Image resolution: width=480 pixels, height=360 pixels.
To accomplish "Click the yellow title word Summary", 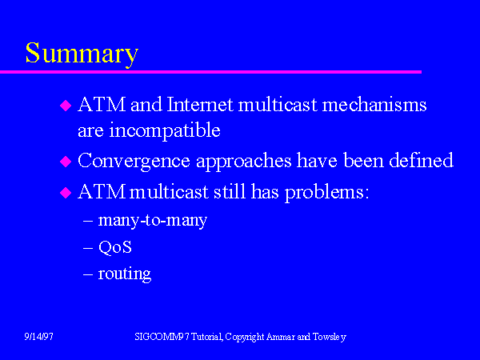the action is [x=82, y=54].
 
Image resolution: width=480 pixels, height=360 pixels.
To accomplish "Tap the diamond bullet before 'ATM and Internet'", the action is [x=66, y=106].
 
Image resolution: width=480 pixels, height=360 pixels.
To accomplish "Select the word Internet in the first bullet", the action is [x=200, y=104].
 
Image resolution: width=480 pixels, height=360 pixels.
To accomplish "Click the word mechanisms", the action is [x=374, y=104].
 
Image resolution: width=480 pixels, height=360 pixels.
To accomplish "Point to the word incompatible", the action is [x=165, y=130].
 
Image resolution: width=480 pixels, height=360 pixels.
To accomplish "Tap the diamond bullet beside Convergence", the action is [x=66, y=162].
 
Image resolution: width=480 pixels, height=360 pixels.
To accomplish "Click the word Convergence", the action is [x=134, y=161].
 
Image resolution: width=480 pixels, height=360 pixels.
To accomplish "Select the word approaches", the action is [x=244, y=161].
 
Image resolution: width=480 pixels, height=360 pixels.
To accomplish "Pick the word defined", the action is [x=422, y=160].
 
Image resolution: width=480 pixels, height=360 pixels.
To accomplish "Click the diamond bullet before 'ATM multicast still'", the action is [x=66, y=193].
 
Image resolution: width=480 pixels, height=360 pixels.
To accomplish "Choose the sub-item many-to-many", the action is [x=153, y=220].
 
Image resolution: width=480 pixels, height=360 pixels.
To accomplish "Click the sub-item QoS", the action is [x=114, y=247].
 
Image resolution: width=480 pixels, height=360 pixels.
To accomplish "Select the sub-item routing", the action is [x=125, y=274].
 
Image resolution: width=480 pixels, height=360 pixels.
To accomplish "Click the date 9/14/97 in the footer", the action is [x=38, y=337].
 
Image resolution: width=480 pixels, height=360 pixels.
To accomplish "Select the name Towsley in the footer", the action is [x=330, y=337].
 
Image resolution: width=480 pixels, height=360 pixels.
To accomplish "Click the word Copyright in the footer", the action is [x=245, y=337].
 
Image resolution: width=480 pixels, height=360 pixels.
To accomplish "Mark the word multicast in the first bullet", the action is [x=278, y=104].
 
